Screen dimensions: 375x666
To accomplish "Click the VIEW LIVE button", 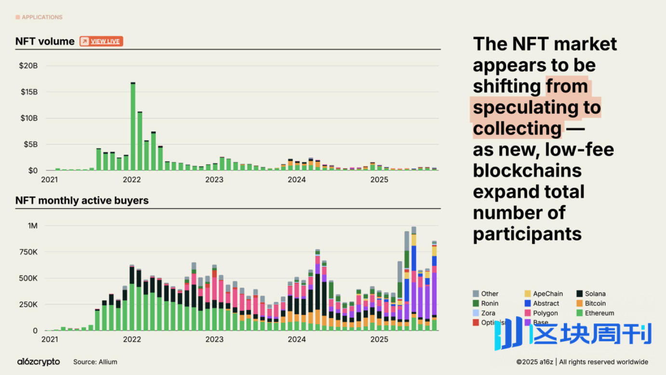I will (102, 41).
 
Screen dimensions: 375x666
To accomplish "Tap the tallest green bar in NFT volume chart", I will (133, 126).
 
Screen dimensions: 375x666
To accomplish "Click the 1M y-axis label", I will (32, 226).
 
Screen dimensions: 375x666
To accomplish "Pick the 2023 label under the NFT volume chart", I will (214, 180).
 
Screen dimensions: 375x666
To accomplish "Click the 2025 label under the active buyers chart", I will (379, 339).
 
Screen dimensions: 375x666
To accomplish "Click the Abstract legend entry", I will (546, 304).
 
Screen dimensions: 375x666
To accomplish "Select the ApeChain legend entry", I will (548, 294).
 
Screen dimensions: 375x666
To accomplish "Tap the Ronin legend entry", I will (490, 304).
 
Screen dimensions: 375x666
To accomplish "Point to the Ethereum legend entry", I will (599, 313).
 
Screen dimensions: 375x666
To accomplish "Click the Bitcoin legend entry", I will (595, 304).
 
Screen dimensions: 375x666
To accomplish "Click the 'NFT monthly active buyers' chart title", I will (82, 201).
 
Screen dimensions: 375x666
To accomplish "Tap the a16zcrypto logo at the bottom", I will (39, 362).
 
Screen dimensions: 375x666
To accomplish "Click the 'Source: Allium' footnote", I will (95, 362).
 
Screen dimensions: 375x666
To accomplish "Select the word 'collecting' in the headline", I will (517, 129).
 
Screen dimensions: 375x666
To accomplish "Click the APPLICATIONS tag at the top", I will (42, 17).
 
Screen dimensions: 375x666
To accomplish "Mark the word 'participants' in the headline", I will (527, 234).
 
